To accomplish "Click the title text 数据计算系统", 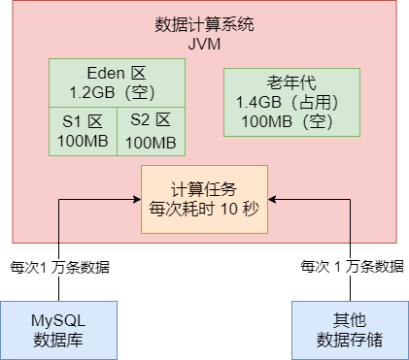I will pyautogui.click(x=204, y=24).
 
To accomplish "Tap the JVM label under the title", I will pyautogui.click(x=204, y=43).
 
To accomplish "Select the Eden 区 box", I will pyautogui.click(x=117, y=82).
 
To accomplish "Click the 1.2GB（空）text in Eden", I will pyautogui.click(x=117, y=92).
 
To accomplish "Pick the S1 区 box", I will pyautogui.click(x=83, y=131).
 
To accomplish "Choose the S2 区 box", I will pyautogui.click(x=151, y=131).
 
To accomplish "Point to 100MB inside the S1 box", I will pyautogui.click(x=83, y=142).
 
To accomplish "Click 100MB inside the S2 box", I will pyautogui.click(x=151, y=142).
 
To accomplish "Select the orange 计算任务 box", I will pyautogui.click(x=204, y=199).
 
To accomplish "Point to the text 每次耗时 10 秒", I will pyautogui.click(x=204, y=209).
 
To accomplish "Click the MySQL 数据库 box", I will pyautogui.click(x=58, y=329).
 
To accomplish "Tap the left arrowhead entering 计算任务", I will pyautogui.click(x=136, y=199).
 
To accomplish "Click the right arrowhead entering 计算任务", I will pyautogui.click(x=273, y=199).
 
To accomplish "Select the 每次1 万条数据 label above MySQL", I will pyautogui.click(x=59, y=267).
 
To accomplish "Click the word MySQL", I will pyautogui.click(x=58, y=320).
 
